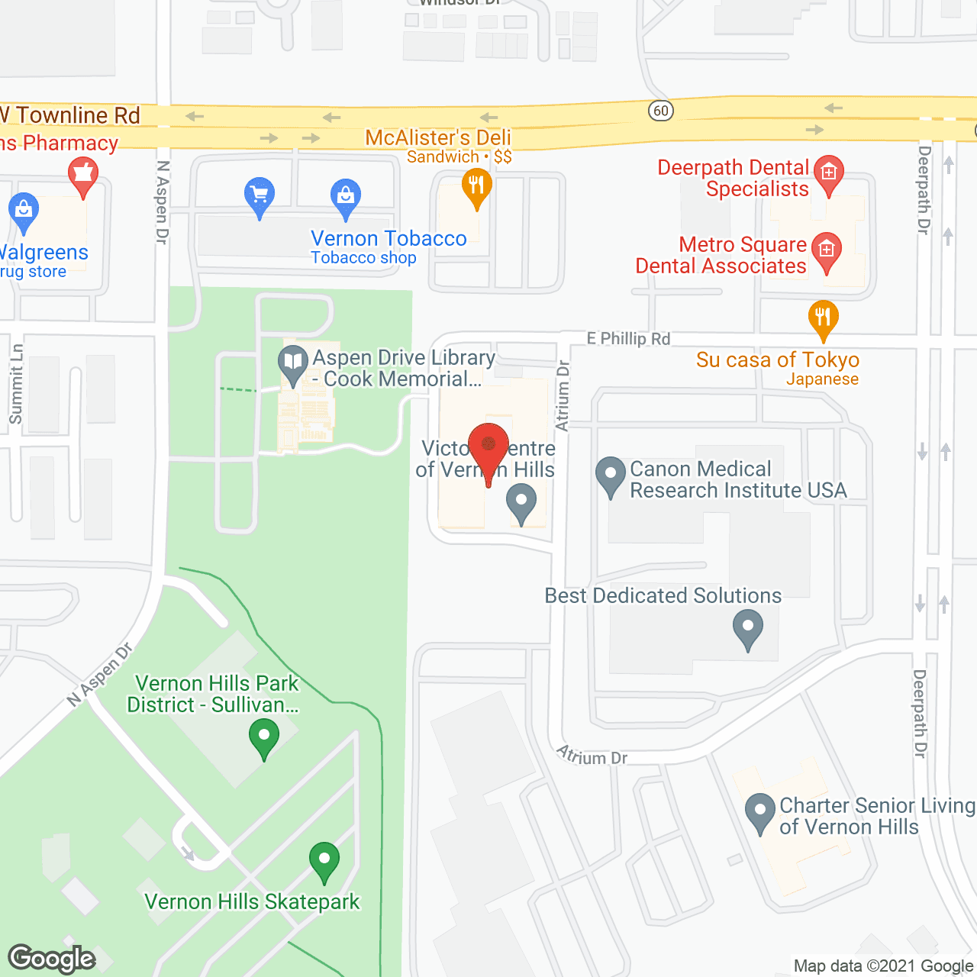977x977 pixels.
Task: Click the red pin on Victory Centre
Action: [x=488, y=446]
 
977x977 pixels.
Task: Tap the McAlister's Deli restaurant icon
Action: [x=476, y=185]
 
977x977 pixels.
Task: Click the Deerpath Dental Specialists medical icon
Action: [x=829, y=173]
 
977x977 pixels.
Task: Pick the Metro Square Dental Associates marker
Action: [x=826, y=250]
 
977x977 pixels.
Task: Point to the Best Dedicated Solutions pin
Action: [x=748, y=627]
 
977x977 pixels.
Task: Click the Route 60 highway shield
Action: [x=661, y=111]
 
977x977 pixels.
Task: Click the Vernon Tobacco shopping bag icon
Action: [x=346, y=195]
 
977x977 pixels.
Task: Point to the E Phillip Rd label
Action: [x=628, y=338]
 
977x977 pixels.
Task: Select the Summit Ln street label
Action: [x=16, y=384]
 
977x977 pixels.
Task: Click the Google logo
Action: [x=52, y=959]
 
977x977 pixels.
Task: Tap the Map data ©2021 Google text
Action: [x=883, y=966]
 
